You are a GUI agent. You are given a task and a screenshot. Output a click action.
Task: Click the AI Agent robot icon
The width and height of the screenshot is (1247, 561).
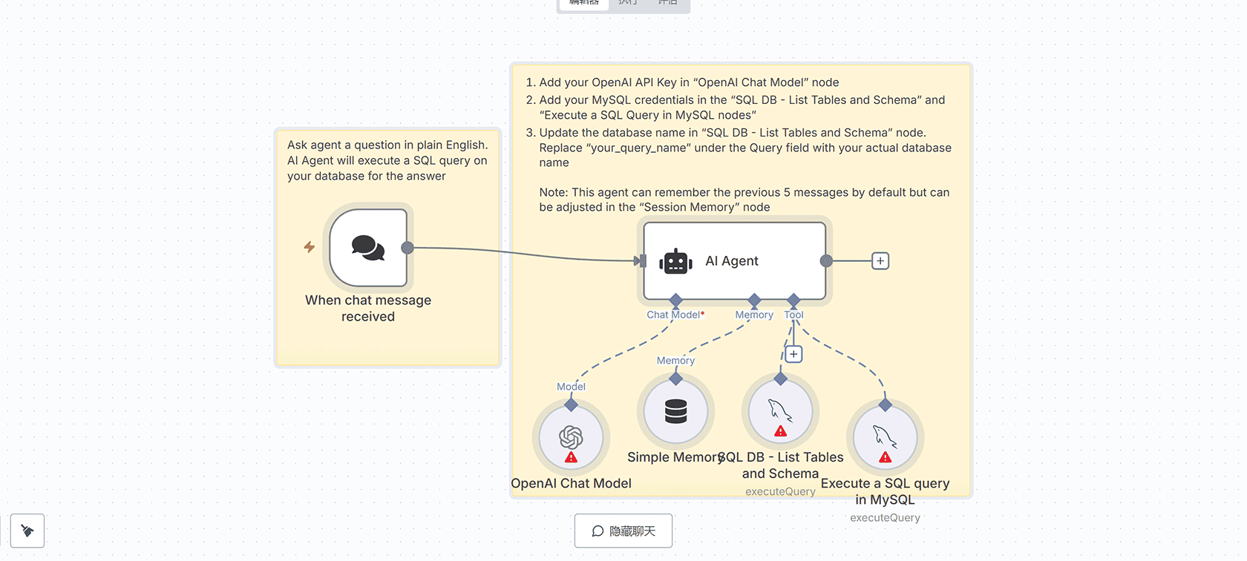tap(675, 261)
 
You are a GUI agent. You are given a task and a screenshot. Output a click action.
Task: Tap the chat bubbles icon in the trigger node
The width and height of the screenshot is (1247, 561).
tap(368, 248)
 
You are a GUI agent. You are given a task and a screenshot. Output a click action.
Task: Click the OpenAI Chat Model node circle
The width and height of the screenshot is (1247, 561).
tap(571, 438)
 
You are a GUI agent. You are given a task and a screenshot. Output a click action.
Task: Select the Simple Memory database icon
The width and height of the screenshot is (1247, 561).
tap(675, 411)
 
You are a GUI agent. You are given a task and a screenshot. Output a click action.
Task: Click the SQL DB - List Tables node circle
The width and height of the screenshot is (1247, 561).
tap(780, 411)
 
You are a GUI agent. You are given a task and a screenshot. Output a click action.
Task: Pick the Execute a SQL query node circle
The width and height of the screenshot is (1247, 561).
tap(885, 438)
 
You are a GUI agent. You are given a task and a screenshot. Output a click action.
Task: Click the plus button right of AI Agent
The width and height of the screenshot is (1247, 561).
tap(880, 261)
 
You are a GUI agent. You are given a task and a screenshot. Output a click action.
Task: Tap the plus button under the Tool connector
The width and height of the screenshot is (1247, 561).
tap(793, 354)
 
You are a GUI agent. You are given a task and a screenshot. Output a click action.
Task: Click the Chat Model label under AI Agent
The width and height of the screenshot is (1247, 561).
tap(673, 315)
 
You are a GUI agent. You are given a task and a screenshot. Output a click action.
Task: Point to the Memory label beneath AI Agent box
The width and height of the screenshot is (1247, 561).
tap(754, 315)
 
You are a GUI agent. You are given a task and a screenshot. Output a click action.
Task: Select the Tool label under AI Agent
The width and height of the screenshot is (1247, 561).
tap(793, 315)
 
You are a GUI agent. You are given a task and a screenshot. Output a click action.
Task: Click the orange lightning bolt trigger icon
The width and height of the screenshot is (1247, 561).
tap(310, 247)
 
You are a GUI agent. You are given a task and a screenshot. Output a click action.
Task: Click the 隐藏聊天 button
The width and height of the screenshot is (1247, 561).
tap(623, 531)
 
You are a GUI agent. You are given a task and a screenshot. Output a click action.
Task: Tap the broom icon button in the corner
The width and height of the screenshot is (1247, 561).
tap(27, 531)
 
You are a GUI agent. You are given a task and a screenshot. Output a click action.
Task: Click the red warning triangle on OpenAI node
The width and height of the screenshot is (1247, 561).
tap(571, 457)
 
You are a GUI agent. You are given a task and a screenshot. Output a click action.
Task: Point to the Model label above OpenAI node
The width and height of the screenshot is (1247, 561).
tap(571, 387)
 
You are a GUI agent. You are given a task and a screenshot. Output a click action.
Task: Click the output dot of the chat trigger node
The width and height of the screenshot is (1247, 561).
tap(408, 248)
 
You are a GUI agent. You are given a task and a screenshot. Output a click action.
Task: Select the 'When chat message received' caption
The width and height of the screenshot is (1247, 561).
tap(368, 308)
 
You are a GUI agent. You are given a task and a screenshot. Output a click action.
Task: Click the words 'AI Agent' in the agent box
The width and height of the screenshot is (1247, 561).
tap(731, 261)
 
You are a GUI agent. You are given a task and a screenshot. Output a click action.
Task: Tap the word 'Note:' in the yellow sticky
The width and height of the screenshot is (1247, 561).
tap(554, 192)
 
